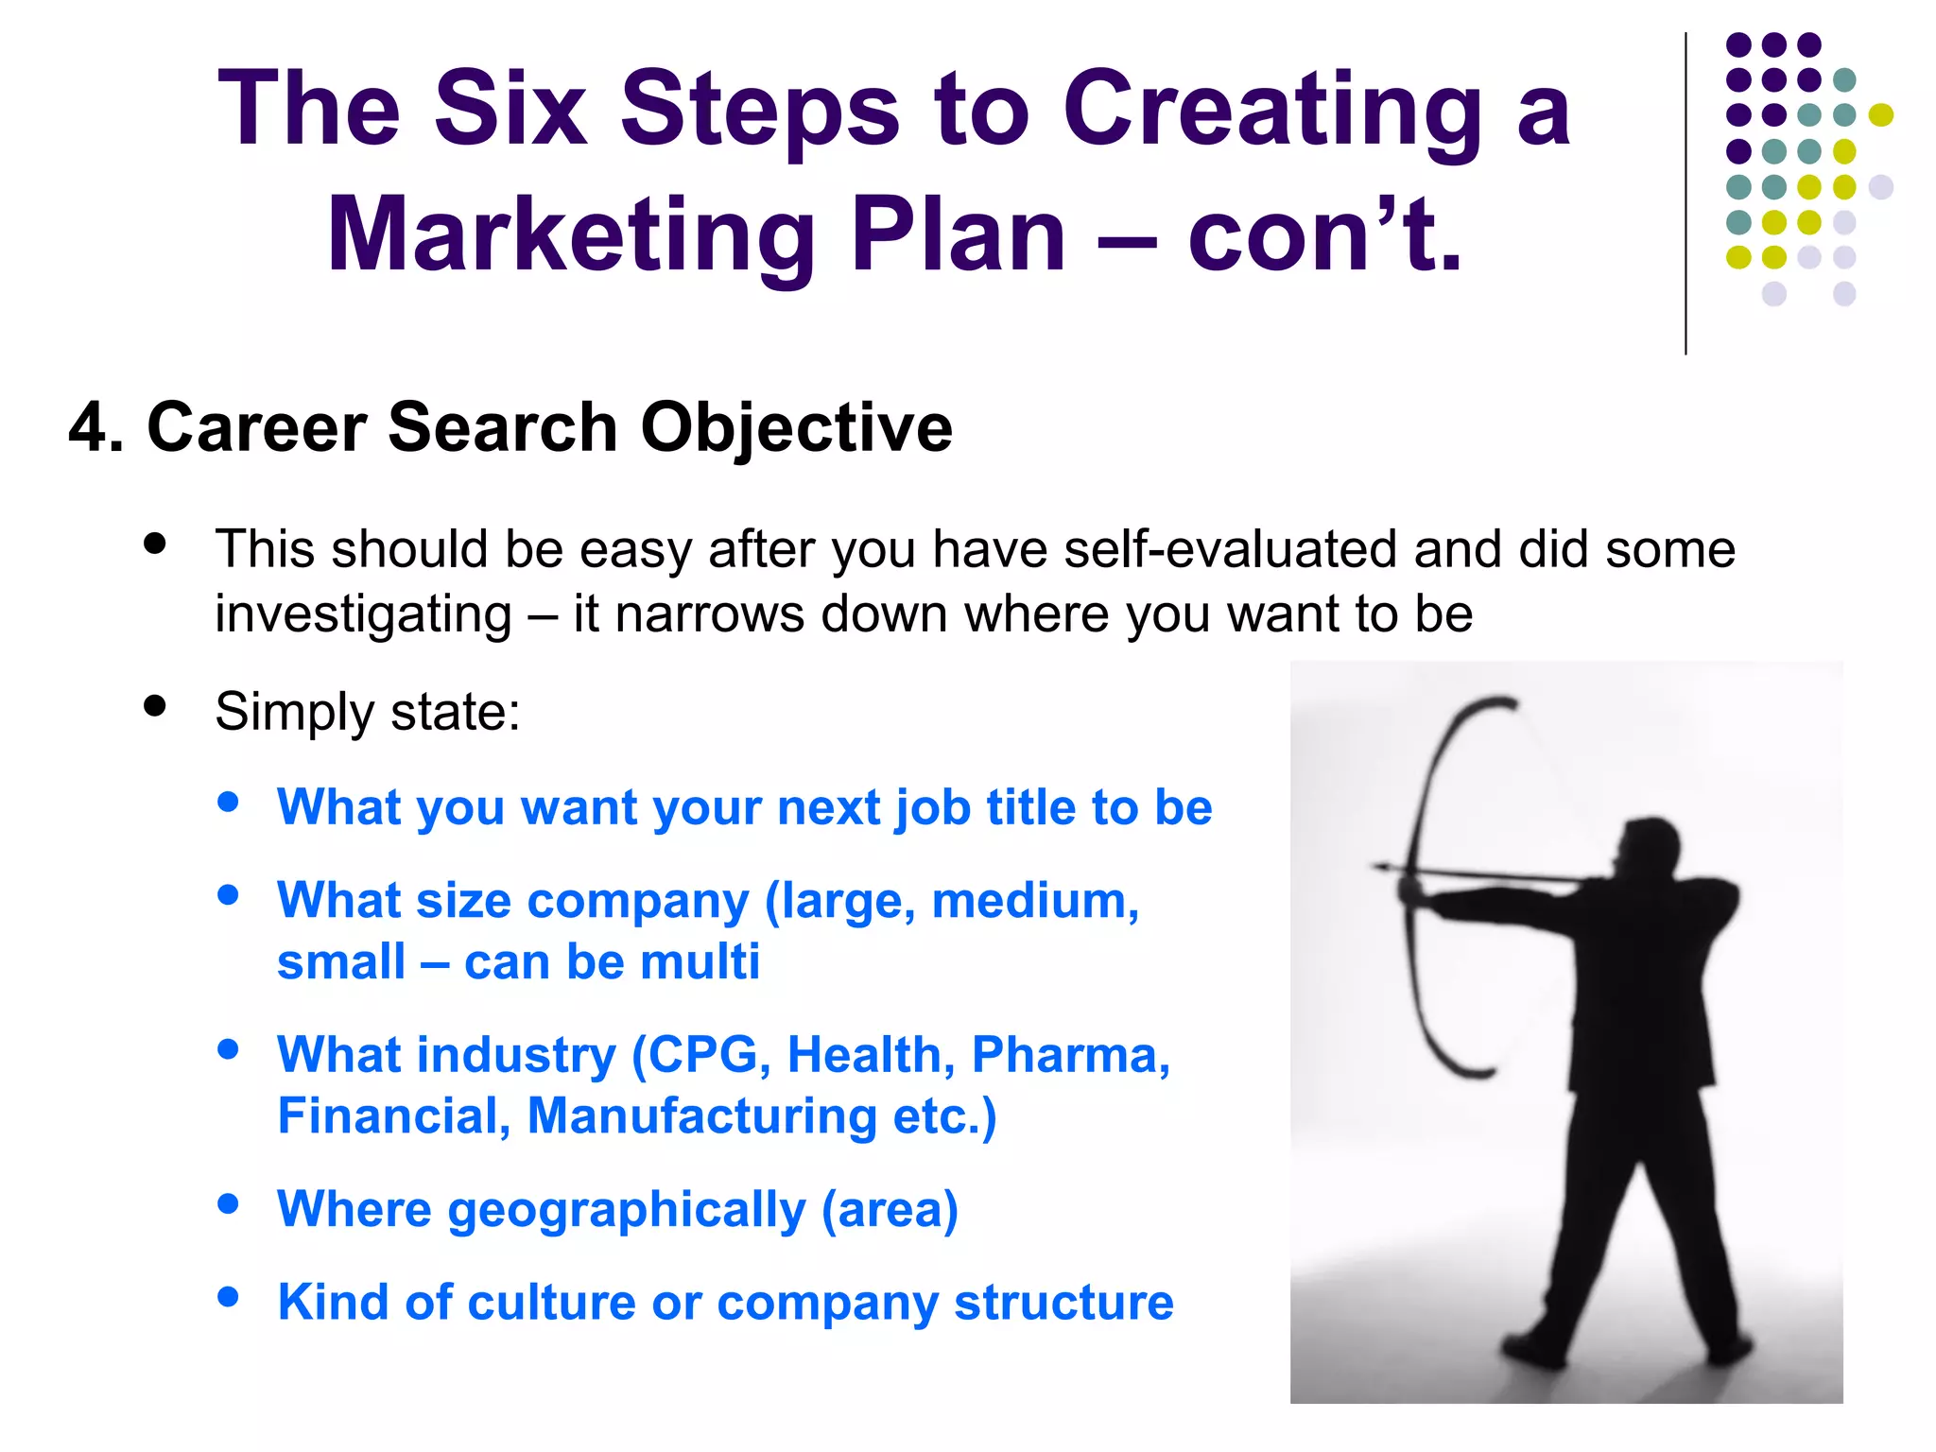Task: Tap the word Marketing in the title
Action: pyautogui.click(x=571, y=236)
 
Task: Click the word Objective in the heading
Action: pyautogui.click(x=796, y=428)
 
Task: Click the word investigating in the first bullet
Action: pyautogui.click(x=363, y=614)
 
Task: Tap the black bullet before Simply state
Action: pyautogui.click(x=155, y=706)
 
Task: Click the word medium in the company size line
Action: pyautogui.click(x=1034, y=901)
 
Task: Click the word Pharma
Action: pyautogui.click(x=1070, y=1055)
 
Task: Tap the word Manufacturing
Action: pyautogui.click(x=701, y=1116)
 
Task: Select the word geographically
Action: pyautogui.click(x=626, y=1210)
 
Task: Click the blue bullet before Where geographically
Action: pyautogui.click(x=228, y=1203)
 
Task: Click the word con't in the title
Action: pyautogui.click(x=1323, y=236)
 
